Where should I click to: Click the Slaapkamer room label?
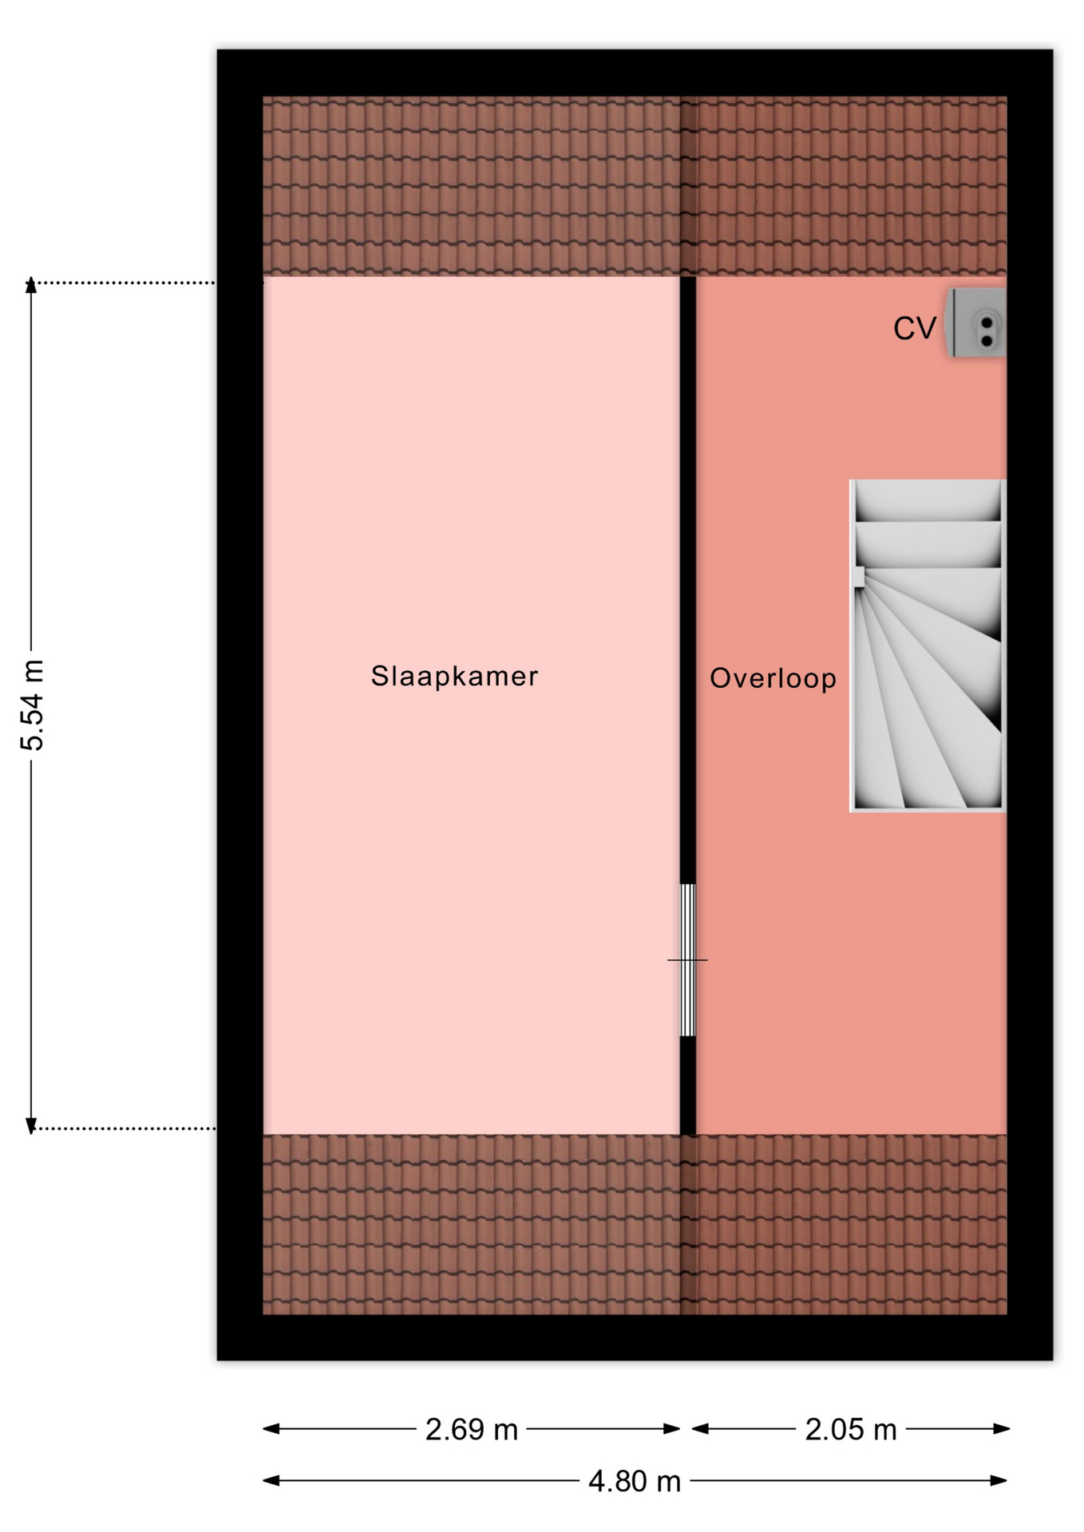(x=454, y=677)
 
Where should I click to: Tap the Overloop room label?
(x=773, y=679)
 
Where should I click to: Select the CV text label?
(x=914, y=329)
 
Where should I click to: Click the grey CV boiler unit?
(x=975, y=323)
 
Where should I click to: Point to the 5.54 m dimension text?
(x=33, y=705)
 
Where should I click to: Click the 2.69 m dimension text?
(x=472, y=1429)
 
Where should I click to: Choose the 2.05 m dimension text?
(x=851, y=1429)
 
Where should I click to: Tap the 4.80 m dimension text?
(x=635, y=1482)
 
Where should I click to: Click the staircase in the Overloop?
(x=928, y=646)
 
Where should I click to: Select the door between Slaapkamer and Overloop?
(x=687, y=960)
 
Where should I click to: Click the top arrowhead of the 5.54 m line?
(x=31, y=284)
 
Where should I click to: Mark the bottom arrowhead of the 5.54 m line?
(x=31, y=1126)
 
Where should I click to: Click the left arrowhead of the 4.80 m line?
(x=271, y=1481)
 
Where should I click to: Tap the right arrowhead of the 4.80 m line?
(x=999, y=1481)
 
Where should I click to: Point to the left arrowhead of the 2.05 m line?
(x=700, y=1428)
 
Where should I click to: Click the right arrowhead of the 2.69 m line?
(x=672, y=1428)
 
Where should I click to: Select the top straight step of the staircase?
(x=928, y=501)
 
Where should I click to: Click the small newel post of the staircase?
(x=859, y=577)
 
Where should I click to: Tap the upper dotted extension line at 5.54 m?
(x=125, y=282)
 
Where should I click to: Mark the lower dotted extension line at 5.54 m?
(x=125, y=1128)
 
